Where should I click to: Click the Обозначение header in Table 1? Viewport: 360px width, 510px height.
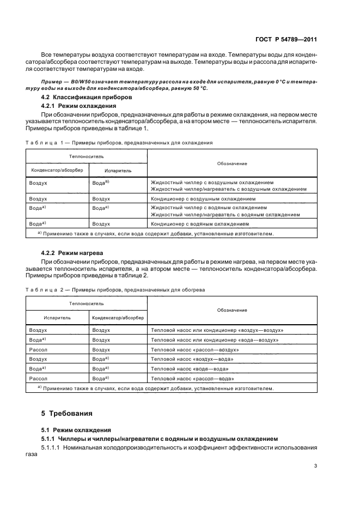coord(232,163)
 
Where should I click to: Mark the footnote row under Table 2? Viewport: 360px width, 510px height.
coord(155,388)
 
